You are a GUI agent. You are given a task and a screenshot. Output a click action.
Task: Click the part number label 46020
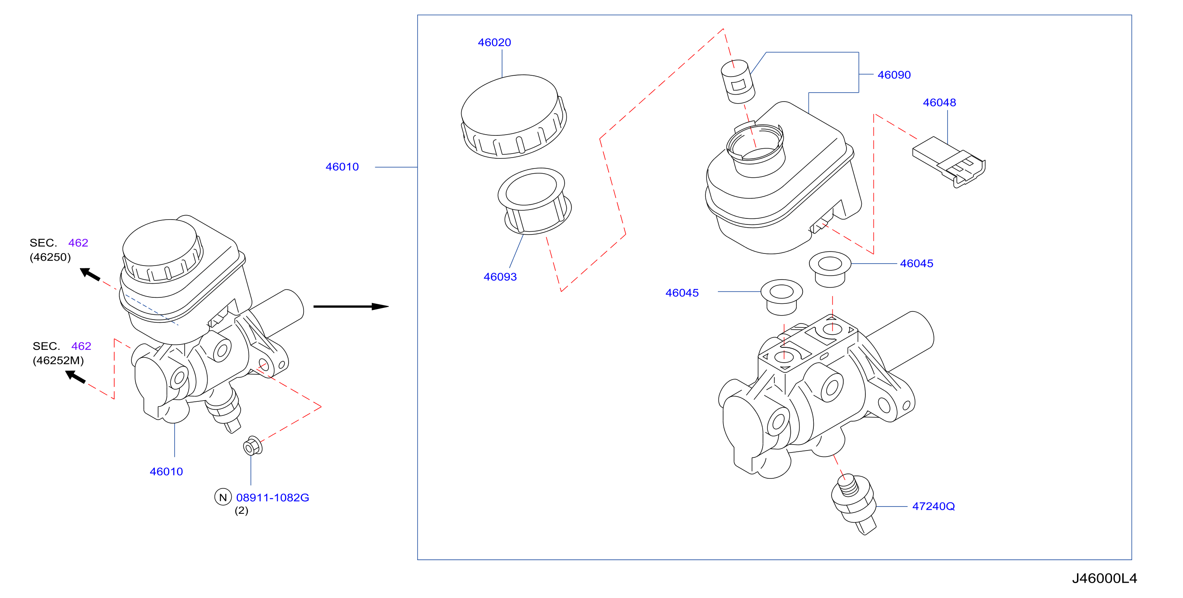[494, 42]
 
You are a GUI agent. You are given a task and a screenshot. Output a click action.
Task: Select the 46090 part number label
[894, 75]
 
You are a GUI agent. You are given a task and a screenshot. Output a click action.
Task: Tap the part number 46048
[939, 102]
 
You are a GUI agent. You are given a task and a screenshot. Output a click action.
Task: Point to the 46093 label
[500, 277]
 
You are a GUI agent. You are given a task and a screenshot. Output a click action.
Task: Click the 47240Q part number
[933, 506]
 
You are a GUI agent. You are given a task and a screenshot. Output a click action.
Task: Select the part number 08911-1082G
[272, 497]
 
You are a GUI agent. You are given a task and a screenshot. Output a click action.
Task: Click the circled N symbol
[223, 497]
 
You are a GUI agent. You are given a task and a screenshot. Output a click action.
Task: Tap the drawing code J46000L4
[1104, 578]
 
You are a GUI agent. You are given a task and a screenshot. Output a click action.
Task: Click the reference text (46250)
[50, 257]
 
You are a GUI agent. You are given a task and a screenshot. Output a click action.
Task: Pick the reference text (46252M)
[58, 361]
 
